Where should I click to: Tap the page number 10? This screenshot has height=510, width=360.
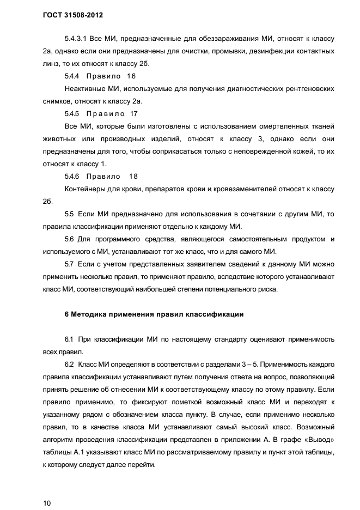[47, 502]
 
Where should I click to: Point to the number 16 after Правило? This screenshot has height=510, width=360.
[131, 76]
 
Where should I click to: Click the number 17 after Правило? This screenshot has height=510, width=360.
[134, 114]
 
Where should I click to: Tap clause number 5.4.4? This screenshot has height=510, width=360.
[72, 76]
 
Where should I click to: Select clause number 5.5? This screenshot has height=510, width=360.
[69, 214]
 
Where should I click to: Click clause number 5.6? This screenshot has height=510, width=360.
[69, 239]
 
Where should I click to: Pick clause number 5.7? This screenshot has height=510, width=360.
[69, 264]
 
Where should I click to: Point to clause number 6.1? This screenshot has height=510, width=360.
[69, 339]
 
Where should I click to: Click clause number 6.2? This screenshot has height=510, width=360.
[69, 364]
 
